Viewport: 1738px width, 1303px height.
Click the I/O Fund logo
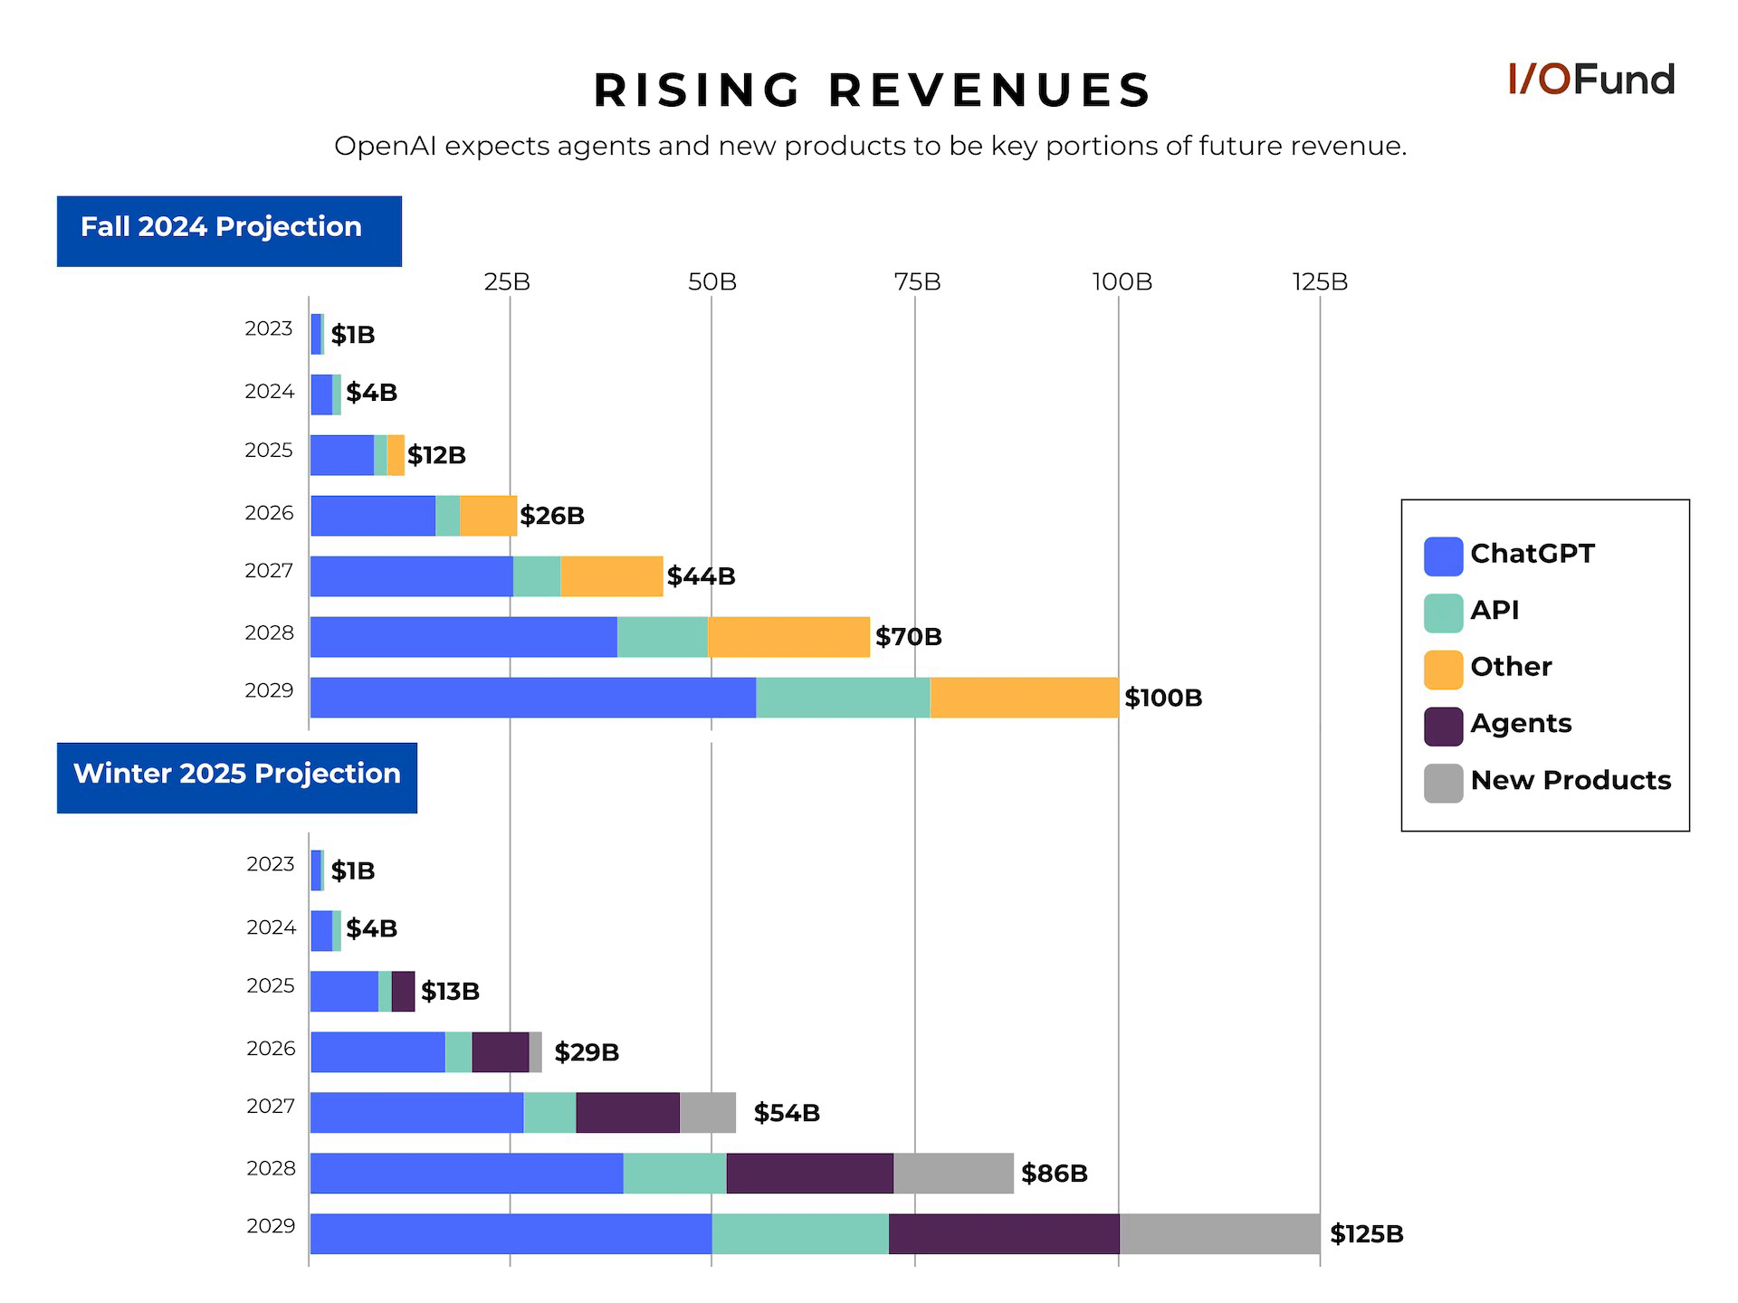1590,80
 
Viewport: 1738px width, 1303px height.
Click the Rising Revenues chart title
872,90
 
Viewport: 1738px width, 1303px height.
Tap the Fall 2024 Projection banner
229,231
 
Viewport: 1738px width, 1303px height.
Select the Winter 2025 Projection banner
236,777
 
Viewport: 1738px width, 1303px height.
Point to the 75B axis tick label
917,282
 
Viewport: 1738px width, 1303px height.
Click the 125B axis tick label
1320,282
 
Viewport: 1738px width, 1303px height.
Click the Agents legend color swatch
1443,726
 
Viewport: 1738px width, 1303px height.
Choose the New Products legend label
1571,780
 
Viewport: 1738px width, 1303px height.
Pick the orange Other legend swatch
1443,670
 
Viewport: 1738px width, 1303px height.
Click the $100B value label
1163,698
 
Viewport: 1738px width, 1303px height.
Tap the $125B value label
1366,1234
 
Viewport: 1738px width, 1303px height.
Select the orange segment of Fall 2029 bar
1023,698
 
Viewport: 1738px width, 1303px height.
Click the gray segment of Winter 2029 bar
1219,1233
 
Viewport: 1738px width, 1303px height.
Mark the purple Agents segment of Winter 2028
809,1173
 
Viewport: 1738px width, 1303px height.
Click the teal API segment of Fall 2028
662,637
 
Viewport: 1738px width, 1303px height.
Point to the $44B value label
701,576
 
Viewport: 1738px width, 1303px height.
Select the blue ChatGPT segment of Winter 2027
416,1112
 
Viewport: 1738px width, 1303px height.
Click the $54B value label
787,1113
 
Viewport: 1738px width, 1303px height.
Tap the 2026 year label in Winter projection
271,1049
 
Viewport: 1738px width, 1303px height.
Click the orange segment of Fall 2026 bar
488,516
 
